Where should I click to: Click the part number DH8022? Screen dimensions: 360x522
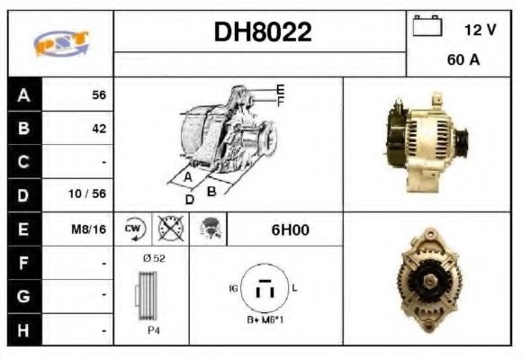[x=262, y=33]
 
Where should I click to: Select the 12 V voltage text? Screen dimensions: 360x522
[x=480, y=30]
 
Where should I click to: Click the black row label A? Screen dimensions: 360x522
[x=23, y=94]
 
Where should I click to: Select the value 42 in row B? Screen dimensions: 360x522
[x=98, y=129]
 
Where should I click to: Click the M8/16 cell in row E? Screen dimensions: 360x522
[x=89, y=229]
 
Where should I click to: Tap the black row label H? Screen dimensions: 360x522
[x=23, y=330]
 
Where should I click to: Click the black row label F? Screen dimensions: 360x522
[x=23, y=263]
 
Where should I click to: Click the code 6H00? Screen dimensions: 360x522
[x=290, y=229]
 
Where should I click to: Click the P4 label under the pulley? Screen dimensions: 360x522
[x=153, y=330]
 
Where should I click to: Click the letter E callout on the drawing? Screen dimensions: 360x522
[x=281, y=89]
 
